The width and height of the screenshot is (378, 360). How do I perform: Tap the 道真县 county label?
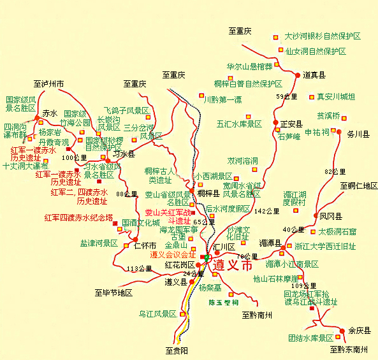tap(314, 75)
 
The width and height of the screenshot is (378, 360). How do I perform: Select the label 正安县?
tap(291, 124)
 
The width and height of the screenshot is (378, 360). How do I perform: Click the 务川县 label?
tap(358, 134)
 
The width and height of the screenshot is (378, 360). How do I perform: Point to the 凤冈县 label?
tap(331, 216)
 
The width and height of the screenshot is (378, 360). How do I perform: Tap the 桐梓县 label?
tap(208, 193)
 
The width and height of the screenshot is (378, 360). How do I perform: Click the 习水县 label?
tap(124, 154)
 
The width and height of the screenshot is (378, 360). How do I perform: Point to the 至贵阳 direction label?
tap(177, 350)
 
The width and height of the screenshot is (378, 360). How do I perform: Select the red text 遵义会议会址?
tap(173, 254)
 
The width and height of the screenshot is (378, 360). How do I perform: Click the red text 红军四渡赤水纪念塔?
tap(79, 217)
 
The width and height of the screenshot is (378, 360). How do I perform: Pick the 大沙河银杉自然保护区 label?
tap(323, 36)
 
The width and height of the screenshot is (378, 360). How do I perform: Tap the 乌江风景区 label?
tap(157, 313)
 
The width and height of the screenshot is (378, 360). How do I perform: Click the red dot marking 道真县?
tap(298, 75)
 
